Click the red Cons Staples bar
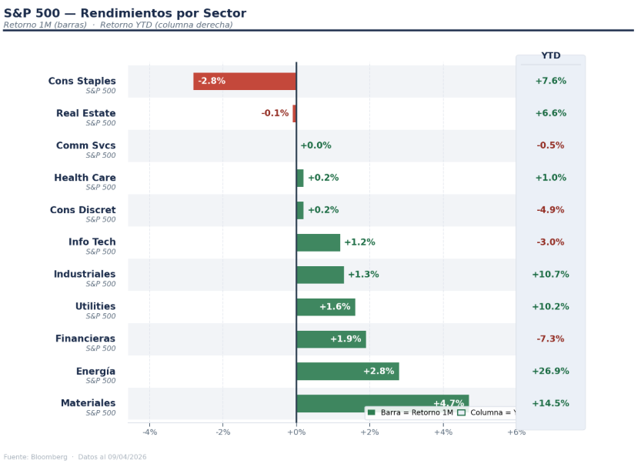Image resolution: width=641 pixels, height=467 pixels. [x=245, y=82]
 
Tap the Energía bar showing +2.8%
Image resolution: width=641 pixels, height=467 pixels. [x=347, y=372]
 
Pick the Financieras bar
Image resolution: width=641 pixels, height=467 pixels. [x=331, y=339]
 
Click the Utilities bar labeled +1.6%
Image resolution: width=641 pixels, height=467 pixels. [x=326, y=307]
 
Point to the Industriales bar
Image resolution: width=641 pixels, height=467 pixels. [x=320, y=275]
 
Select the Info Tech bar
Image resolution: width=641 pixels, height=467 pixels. [x=318, y=242]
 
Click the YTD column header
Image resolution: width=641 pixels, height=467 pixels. [x=550, y=56]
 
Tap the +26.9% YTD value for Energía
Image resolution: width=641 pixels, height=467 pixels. [x=550, y=372]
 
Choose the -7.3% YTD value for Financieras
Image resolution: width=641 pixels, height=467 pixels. [x=550, y=339]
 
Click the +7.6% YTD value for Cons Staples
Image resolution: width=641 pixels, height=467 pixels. [x=550, y=82]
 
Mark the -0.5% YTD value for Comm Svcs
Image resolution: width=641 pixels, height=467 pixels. [x=550, y=145]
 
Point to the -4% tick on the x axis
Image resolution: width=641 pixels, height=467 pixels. [x=149, y=432]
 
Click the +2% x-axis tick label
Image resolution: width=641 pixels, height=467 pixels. [x=369, y=432]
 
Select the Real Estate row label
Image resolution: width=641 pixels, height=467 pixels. [x=85, y=114]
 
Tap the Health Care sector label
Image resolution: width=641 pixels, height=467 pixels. [x=85, y=178]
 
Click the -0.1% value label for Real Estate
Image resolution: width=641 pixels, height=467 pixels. [x=275, y=114]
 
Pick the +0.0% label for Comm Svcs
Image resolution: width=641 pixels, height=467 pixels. [x=315, y=146]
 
